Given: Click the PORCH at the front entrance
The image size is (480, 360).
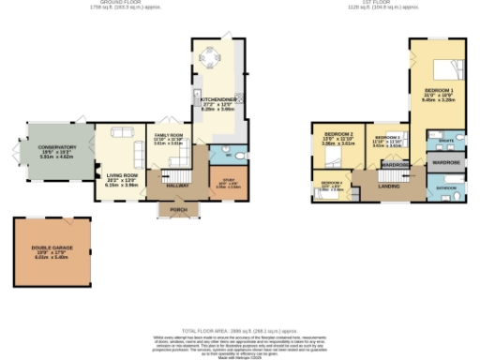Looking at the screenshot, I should (x=178, y=210).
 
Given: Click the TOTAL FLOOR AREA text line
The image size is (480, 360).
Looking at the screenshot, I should (x=240, y=330).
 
